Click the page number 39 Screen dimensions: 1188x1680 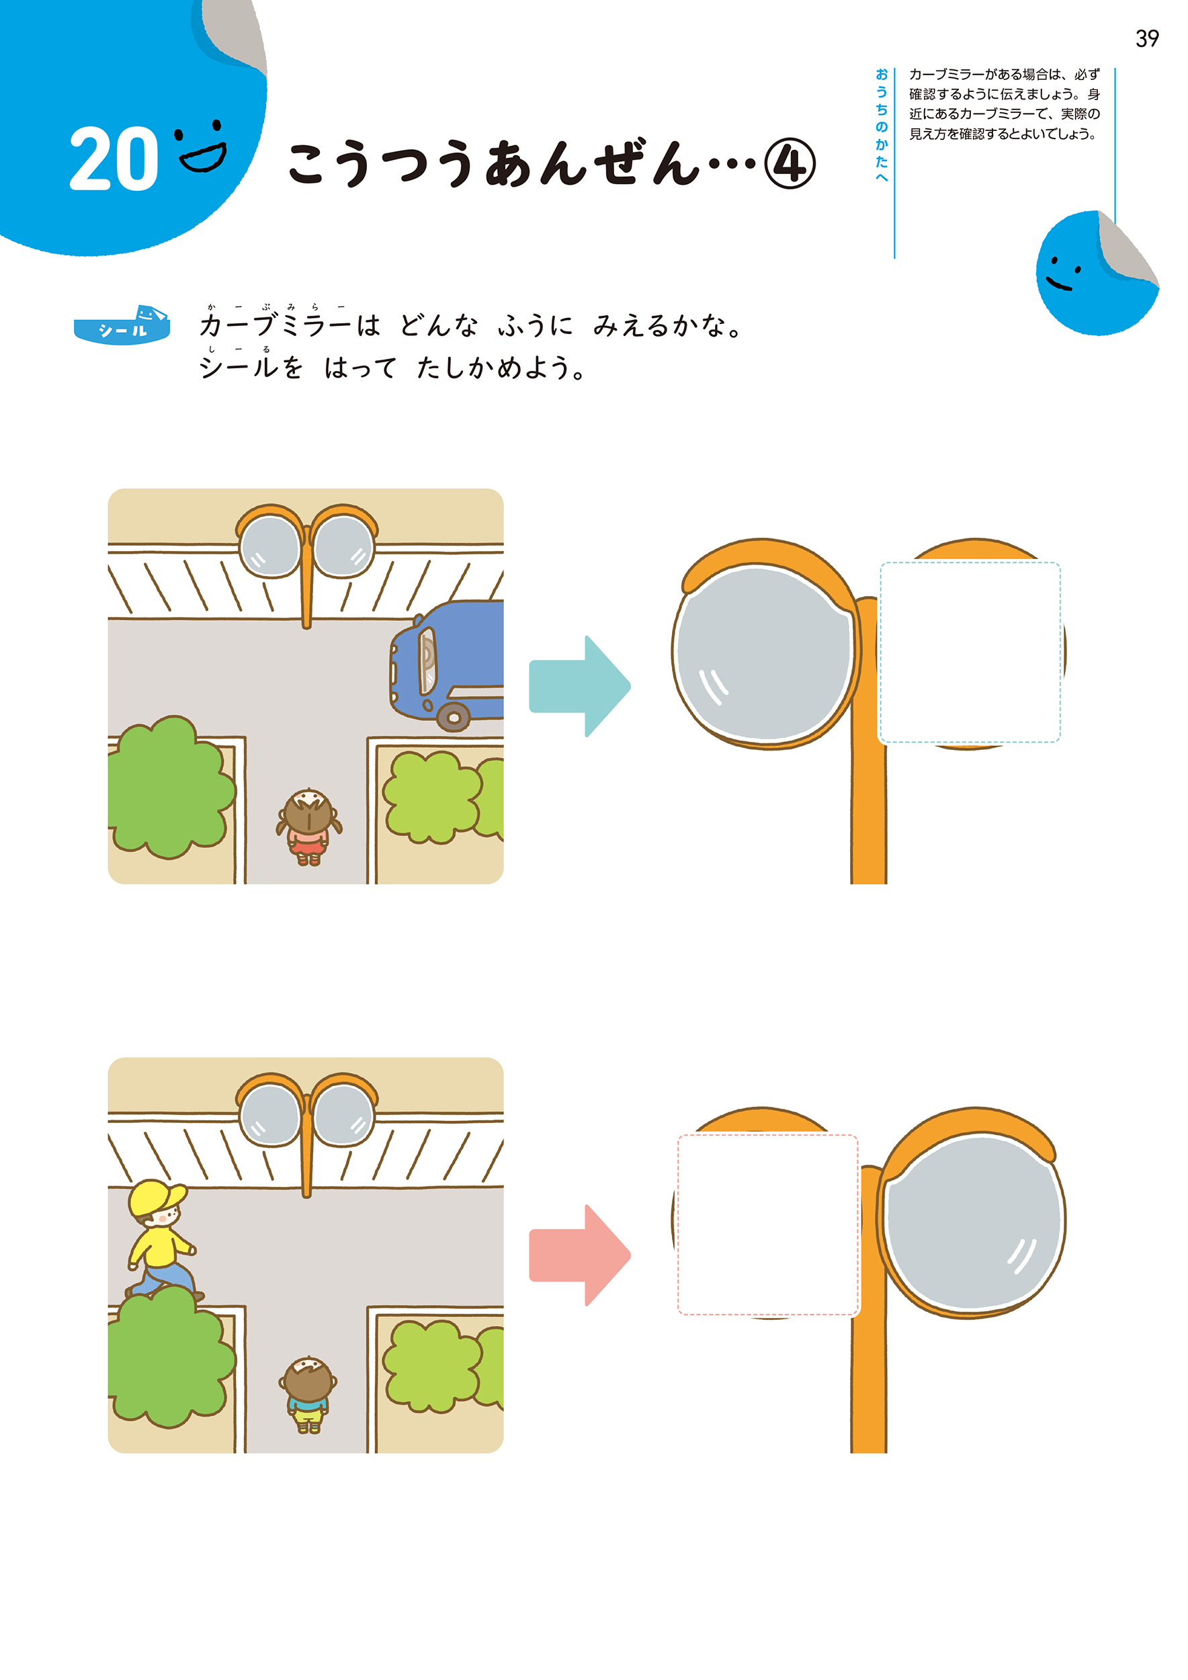tap(1146, 39)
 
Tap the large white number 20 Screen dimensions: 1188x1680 tap(114, 159)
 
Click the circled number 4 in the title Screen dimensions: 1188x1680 tap(790, 164)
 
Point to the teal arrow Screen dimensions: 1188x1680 tap(579, 686)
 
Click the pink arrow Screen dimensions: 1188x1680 tap(579, 1255)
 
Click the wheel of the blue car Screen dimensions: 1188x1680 tap(454, 717)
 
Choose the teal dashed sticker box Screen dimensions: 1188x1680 tap(970, 653)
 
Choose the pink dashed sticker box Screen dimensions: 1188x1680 tap(767, 1225)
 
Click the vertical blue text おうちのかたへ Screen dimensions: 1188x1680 tap(882, 125)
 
